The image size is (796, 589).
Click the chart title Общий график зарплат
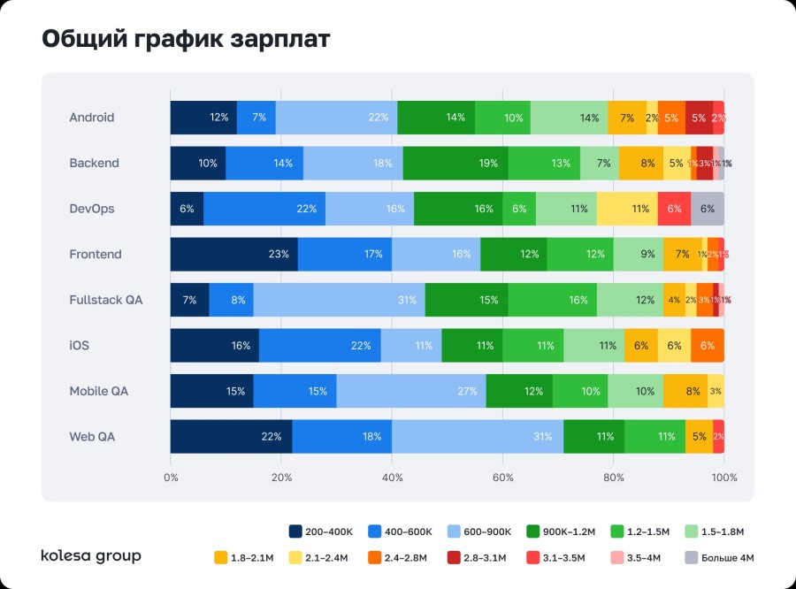(186, 39)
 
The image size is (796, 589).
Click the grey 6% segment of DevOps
(708, 209)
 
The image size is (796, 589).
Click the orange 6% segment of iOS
(708, 346)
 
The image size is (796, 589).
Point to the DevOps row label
(92, 209)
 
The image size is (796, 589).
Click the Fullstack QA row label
(105, 300)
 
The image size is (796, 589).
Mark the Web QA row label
(92, 437)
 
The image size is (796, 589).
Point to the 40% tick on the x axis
(392, 478)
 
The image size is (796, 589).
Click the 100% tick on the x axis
(724, 478)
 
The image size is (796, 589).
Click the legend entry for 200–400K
(322, 532)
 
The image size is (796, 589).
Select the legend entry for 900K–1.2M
(563, 532)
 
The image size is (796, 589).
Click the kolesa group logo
(91, 556)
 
